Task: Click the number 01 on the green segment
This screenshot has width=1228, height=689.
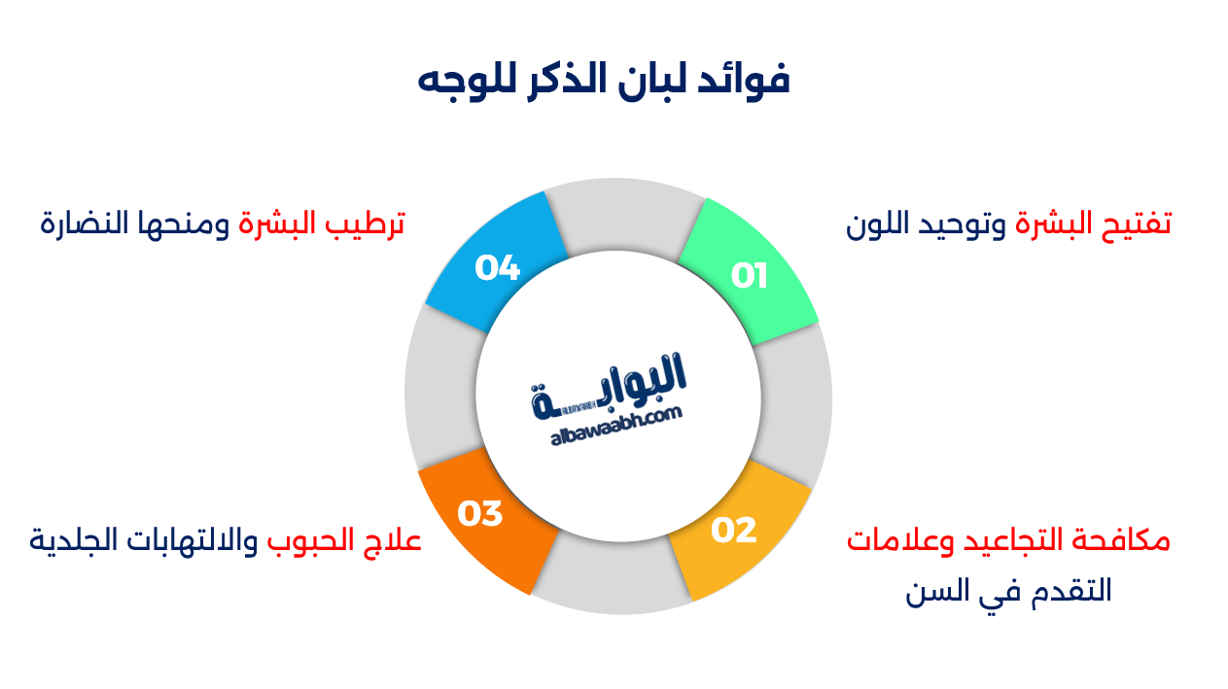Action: coord(750,276)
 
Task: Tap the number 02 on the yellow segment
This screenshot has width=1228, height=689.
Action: coord(734,530)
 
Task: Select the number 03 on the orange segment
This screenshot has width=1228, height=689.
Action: coord(479,513)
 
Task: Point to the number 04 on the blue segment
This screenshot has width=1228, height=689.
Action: coord(498,267)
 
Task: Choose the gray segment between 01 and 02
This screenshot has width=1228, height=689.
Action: coord(795,403)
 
